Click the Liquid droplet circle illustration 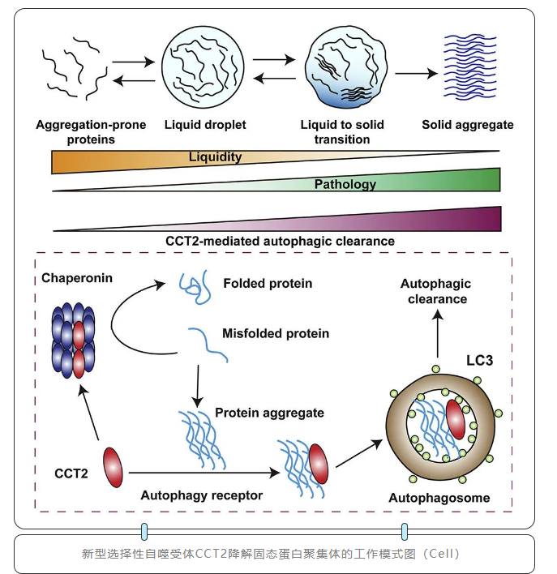coord(204,69)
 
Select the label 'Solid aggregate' coord(468,125)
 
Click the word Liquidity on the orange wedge coord(215,156)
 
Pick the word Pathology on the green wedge coord(345,184)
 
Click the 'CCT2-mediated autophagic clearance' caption coord(280,241)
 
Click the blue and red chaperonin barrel coord(78,341)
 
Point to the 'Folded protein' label coord(268,284)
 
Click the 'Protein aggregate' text coord(269,413)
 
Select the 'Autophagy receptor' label coord(191,494)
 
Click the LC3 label coord(478,359)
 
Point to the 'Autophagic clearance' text coord(435,291)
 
